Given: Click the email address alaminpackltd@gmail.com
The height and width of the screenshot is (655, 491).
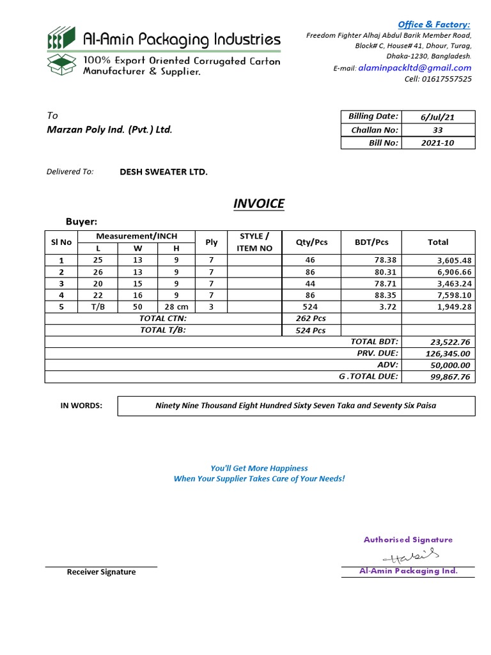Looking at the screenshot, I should click(x=415, y=68).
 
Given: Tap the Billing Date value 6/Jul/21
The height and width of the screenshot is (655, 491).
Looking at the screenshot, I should click(x=438, y=117).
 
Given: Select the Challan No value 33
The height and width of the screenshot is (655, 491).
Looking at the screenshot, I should click(x=438, y=130).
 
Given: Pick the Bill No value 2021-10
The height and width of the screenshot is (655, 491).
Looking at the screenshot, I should click(x=438, y=143).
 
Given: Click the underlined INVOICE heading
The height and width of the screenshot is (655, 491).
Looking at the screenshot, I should click(x=258, y=203).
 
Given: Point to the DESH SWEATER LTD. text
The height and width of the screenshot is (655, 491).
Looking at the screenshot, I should click(x=164, y=172).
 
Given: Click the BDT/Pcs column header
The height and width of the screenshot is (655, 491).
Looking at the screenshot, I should click(x=371, y=242).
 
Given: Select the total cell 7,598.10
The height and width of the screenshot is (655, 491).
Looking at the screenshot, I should click(x=455, y=295).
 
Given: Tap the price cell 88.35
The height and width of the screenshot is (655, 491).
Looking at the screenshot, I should click(x=384, y=295).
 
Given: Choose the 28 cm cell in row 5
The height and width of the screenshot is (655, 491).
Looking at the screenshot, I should click(x=176, y=306).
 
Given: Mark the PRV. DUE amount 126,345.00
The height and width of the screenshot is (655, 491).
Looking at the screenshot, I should click(x=448, y=354).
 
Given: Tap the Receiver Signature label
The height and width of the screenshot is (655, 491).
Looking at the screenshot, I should click(x=101, y=572).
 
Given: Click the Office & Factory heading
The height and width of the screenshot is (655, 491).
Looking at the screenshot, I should click(x=433, y=24).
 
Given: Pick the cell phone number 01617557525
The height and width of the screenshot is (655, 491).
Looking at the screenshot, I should click(x=448, y=79).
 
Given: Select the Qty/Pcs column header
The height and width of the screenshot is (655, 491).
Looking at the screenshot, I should click(x=311, y=242).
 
